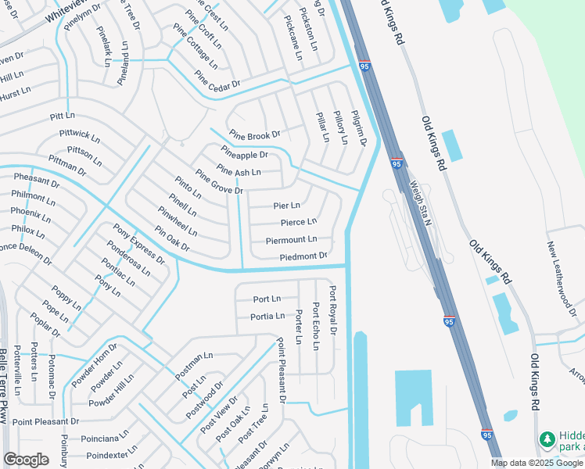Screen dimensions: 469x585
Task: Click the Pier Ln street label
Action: click(x=286, y=206)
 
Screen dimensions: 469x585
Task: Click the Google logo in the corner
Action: click(x=26, y=460)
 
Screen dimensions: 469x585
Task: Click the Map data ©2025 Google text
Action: click(x=537, y=463)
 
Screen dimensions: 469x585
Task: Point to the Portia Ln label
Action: click(x=267, y=317)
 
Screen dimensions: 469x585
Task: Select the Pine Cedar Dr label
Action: click(x=217, y=82)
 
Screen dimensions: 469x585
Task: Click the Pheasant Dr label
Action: click(x=37, y=180)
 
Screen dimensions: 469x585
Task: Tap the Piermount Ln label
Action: click(x=291, y=240)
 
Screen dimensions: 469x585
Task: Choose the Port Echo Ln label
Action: click(x=315, y=325)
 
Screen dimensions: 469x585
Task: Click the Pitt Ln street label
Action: click(x=62, y=116)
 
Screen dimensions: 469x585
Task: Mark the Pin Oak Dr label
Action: click(x=172, y=239)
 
